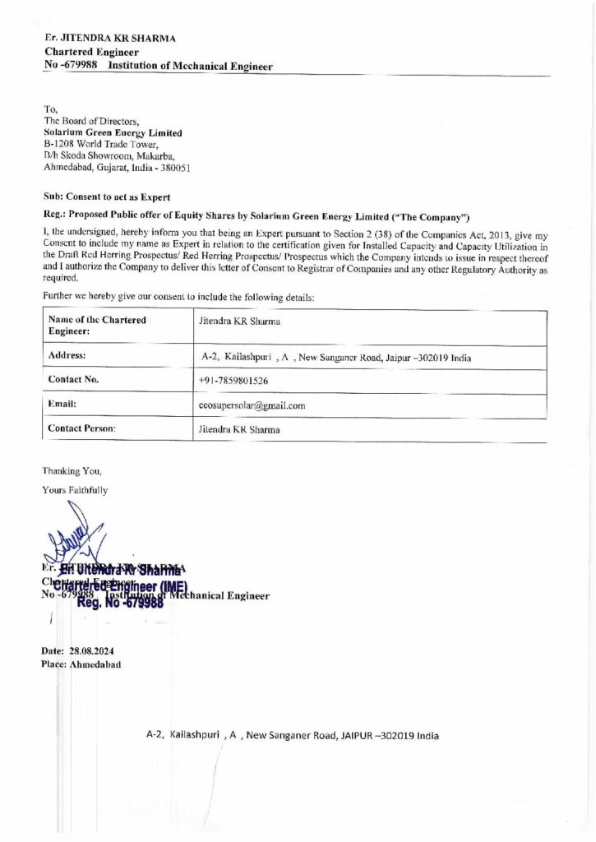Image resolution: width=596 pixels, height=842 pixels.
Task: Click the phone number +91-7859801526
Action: pos(233,382)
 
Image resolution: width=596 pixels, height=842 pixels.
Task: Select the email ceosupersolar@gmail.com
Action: pos(252,405)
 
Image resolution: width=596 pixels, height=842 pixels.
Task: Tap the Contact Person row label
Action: pos(82,429)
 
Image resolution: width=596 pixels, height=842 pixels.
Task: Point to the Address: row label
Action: pos(67,357)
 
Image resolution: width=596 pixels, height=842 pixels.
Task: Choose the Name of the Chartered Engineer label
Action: pos(97,325)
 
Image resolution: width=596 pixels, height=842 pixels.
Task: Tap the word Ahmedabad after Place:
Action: pos(96,664)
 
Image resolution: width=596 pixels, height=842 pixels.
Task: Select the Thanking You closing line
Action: pos(72,472)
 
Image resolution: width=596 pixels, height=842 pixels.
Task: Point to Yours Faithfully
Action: pos(75,490)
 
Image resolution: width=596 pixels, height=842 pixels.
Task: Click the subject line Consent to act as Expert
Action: pos(107,197)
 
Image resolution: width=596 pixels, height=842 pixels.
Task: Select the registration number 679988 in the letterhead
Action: pos(81,65)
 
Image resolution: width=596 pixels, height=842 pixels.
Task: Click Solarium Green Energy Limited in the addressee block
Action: pos(113,132)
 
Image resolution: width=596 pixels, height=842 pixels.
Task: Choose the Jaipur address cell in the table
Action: pos(336,359)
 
